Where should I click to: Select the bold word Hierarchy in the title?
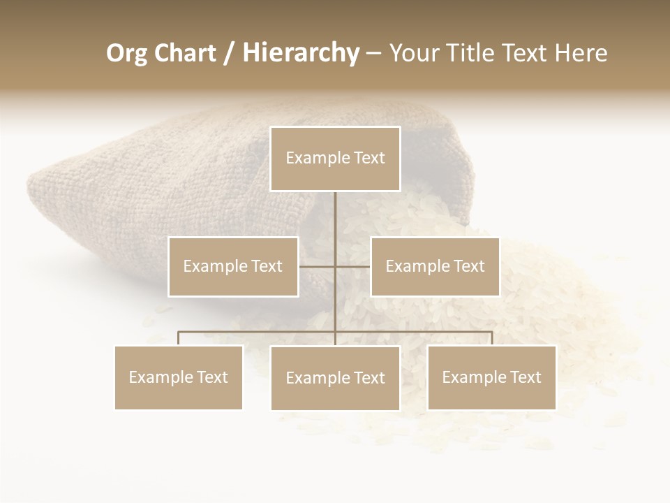[x=301, y=53]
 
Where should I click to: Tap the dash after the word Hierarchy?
[x=374, y=54]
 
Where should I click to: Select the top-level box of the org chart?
[x=335, y=159]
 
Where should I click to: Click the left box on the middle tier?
[x=233, y=267]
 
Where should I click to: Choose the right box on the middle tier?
[x=435, y=267]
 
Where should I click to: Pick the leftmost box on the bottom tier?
[x=179, y=378]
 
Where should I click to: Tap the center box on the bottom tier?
[x=335, y=379]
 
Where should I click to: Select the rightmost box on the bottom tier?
[x=491, y=378]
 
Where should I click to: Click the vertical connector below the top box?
[x=335, y=217]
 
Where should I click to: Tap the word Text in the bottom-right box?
[x=525, y=378]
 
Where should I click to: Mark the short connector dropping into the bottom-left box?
[x=179, y=339]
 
